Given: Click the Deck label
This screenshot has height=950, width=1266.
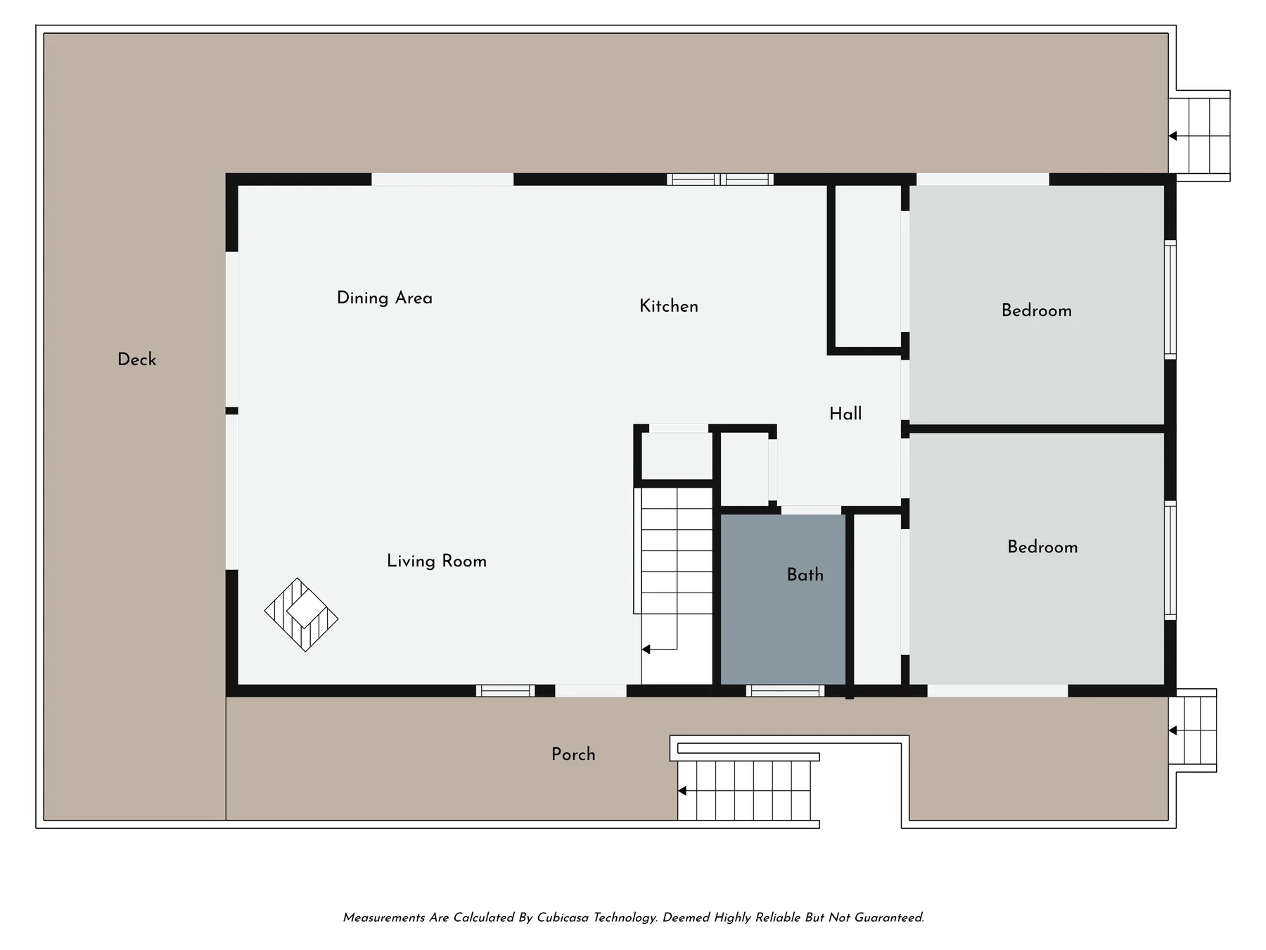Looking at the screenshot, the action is click(136, 360).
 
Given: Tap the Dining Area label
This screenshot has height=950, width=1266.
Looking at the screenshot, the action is click(385, 298).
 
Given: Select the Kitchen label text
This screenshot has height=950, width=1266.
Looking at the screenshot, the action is click(669, 306).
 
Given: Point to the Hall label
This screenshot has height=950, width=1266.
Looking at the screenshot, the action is click(845, 414).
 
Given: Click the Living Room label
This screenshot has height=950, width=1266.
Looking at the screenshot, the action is click(437, 562).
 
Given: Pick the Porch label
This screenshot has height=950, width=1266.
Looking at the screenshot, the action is click(573, 754).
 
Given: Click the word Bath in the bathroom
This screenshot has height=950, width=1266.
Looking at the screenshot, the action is click(805, 575).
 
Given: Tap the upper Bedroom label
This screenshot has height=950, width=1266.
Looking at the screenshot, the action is click(1037, 310).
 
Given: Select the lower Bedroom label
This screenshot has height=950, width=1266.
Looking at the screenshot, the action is click(1042, 547).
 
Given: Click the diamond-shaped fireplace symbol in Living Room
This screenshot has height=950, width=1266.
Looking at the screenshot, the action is click(301, 615).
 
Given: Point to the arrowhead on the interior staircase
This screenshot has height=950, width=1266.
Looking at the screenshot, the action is click(646, 650).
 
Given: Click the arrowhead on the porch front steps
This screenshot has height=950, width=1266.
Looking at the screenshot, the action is click(682, 791).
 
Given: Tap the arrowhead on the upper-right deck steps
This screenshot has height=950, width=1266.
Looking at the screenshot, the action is click(1172, 136).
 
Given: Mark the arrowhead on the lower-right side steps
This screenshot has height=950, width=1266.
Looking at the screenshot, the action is click(1172, 730).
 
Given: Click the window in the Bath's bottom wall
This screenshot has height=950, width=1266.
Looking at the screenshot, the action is click(785, 691).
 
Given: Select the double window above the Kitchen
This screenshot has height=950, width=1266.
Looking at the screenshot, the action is click(720, 179).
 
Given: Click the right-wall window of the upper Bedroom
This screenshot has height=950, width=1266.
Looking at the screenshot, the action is click(1170, 300).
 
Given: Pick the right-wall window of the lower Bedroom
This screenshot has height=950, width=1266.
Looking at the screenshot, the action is click(1170, 560).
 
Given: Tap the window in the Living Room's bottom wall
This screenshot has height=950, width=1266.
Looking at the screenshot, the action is click(505, 691).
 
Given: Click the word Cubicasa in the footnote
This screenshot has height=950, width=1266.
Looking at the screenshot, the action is click(563, 918).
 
